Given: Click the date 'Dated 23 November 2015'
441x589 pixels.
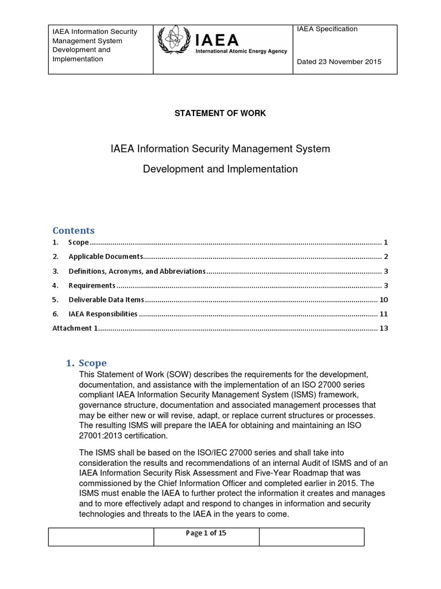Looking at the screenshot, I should point(339,62).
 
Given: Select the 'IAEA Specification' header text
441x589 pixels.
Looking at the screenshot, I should point(327,29).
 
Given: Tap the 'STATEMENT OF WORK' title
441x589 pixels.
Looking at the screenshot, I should point(220,113).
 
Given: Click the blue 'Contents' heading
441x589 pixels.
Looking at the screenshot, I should point(73,231).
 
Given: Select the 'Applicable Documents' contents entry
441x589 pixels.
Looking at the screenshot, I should point(105,257).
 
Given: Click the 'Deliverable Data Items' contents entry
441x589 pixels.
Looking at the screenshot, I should point(106,300).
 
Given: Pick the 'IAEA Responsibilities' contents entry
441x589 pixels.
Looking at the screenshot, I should point(103,314).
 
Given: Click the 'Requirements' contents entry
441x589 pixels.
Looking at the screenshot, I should point(92,285).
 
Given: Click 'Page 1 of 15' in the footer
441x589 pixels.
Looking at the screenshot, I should point(206,533).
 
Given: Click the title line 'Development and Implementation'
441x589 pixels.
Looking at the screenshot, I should point(220,169).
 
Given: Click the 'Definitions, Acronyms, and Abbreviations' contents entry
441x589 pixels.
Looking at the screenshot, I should point(137,271).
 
